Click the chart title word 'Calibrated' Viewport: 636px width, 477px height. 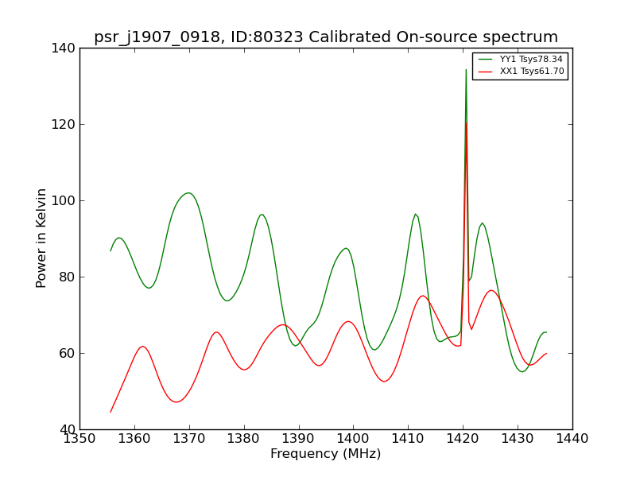[350, 37]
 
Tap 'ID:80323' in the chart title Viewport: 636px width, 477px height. [267, 37]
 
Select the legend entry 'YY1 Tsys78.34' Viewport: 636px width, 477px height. [531, 59]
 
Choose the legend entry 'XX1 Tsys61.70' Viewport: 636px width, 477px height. [532, 72]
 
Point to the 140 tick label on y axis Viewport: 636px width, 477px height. [63, 48]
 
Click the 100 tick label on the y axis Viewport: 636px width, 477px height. [63, 201]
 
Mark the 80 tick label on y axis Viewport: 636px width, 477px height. [67, 277]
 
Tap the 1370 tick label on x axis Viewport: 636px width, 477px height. [189, 439]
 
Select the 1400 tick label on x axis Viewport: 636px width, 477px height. [353, 439]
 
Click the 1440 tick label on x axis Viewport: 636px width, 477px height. [572, 439]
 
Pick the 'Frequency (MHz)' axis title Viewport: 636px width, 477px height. [326, 453]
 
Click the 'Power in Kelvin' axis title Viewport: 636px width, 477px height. [41, 238]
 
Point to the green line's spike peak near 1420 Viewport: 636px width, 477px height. [466, 69]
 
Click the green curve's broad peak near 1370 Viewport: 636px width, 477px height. [188, 192]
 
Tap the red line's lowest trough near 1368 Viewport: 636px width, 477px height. [176, 402]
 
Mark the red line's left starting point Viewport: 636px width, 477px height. [111, 412]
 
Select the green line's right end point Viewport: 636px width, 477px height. [546, 332]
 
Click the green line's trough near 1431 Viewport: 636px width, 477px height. [522, 371]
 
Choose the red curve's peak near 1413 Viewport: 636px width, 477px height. [423, 296]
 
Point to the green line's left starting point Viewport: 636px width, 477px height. [111, 251]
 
